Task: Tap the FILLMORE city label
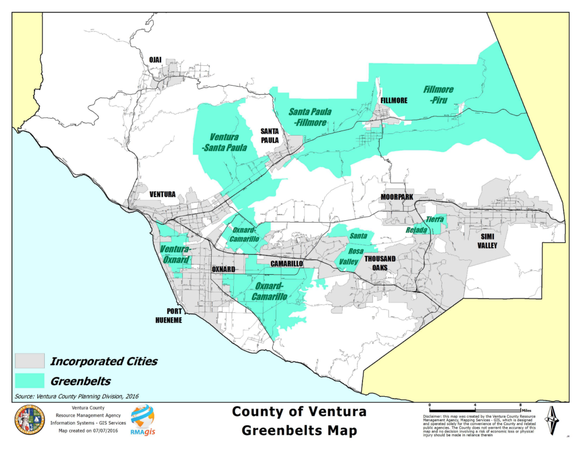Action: [394, 100]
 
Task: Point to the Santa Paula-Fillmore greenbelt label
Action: [310, 117]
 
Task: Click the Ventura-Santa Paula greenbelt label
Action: [224, 142]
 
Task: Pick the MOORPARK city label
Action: [397, 197]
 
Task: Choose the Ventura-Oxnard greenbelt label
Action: [175, 254]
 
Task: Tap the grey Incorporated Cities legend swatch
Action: [29, 360]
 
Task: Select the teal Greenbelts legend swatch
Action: [29, 380]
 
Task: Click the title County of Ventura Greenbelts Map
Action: [299, 421]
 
